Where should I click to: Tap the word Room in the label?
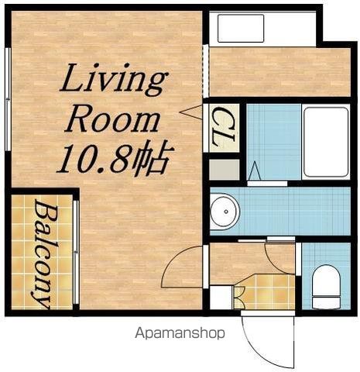coord(112,120)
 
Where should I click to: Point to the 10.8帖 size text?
coord(114,159)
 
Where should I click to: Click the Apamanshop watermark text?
coord(180,333)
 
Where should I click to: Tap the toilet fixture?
coord(326,288)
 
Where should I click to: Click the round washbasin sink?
coord(225,212)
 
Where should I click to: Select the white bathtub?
coord(326,142)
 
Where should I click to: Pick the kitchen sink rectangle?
coord(241,28)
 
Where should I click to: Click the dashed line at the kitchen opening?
coord(206,71)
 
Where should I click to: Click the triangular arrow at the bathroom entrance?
coord(255,170)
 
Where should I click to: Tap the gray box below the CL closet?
coord(225,170)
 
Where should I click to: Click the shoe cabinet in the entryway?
coord(221,297)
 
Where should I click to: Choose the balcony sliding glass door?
coord(76,252)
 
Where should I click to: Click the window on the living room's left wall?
coord(9,99)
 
